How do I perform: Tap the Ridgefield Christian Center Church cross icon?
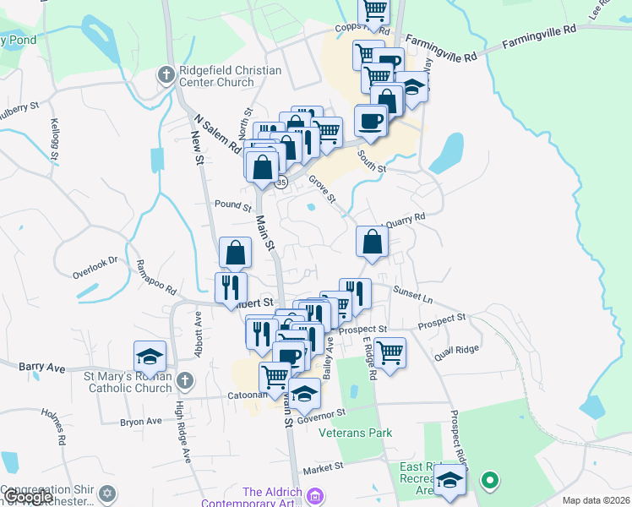(166, 76)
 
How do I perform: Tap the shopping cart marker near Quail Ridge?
(390, 351)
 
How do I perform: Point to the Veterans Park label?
(356, 433)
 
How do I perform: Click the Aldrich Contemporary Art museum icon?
(316, 493)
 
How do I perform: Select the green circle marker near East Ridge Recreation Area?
(489, 481)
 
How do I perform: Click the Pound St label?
(233, 205)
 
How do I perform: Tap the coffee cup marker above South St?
(371, 121)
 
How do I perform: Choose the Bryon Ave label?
(141, 421)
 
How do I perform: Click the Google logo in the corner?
(27, 497)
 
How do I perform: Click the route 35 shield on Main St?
(281, 182)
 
